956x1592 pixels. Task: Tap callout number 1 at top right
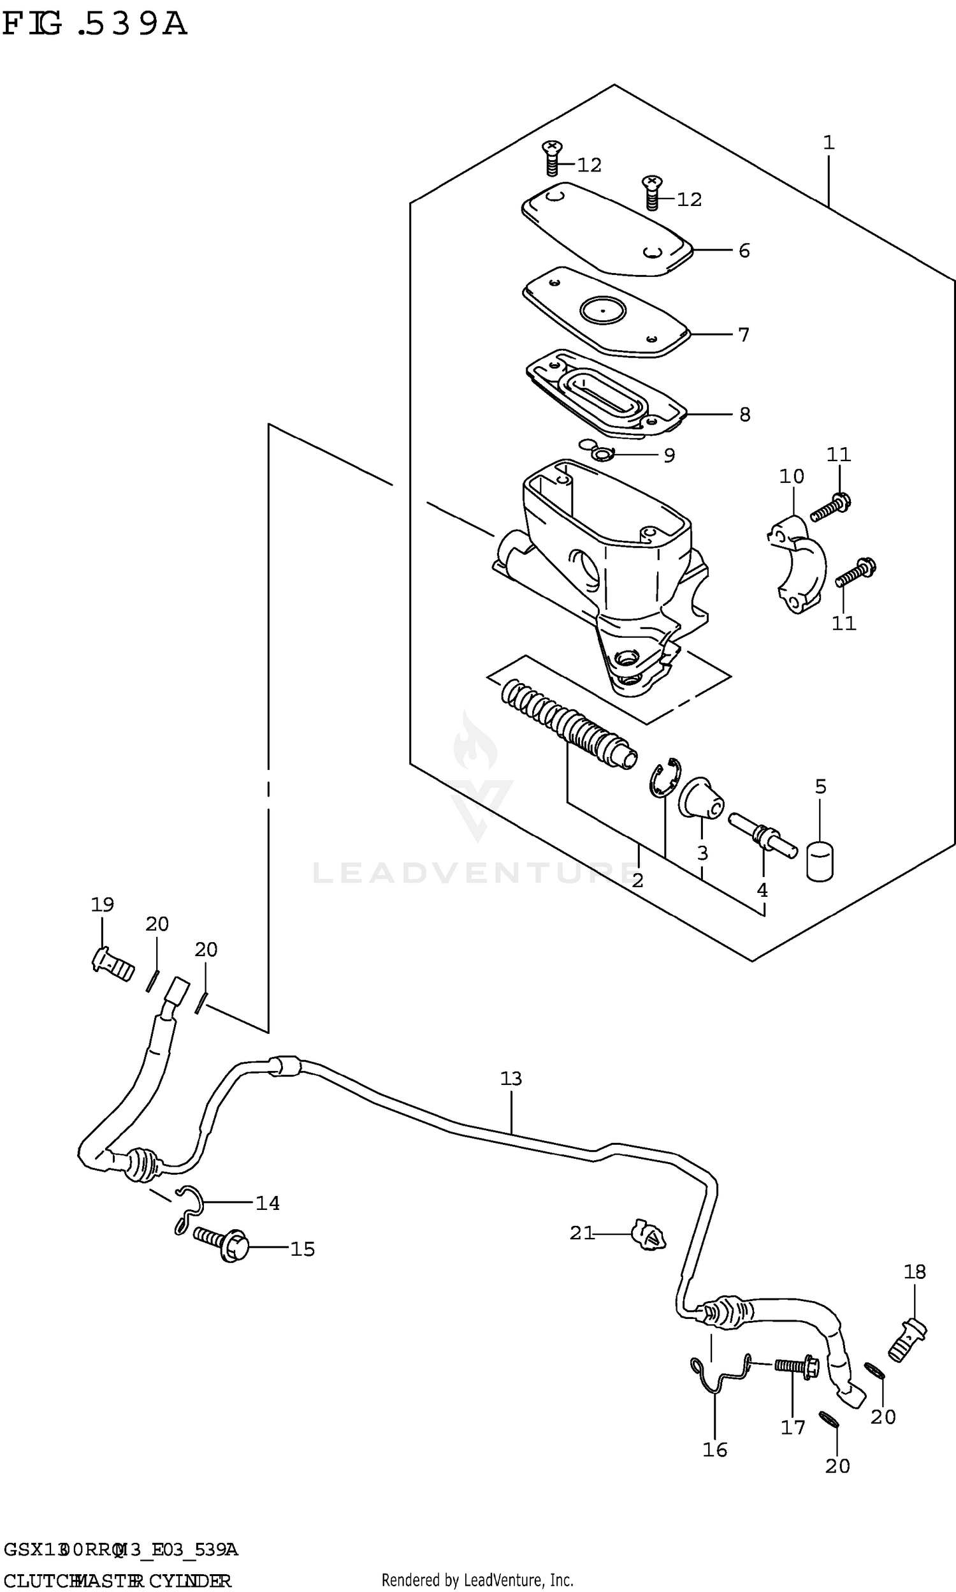coord(829,142)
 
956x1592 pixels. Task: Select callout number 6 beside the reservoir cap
coord(744,251)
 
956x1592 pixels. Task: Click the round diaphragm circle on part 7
coord(602,311)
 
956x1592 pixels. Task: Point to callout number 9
coord(669,455)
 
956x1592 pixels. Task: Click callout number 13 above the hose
coord(511,1079)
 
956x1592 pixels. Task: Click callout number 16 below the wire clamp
coord(714,1450)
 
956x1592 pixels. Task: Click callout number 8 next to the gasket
coord(744,415)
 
